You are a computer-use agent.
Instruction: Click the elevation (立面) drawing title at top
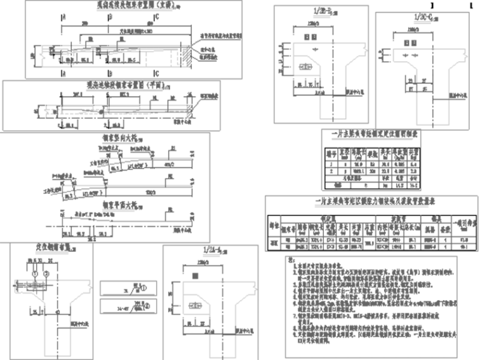121,5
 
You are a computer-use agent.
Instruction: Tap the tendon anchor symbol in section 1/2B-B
306,67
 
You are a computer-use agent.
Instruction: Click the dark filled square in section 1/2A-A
196,308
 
